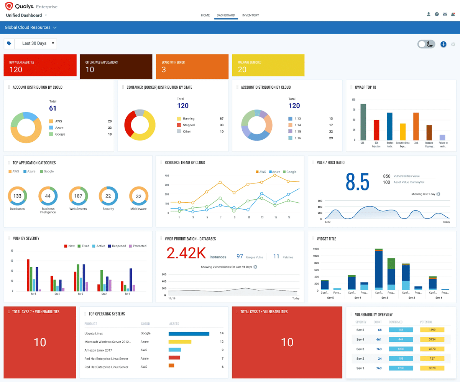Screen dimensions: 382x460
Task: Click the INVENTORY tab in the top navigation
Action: pos(250,15)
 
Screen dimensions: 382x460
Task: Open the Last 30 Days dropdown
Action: pos(35,43)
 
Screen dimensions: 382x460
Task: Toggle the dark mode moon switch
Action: pos(426,44)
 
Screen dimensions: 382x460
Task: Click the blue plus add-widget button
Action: pos(443,44)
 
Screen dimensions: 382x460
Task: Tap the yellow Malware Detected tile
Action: pos(268,66)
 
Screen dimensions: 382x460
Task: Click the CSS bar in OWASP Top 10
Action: pos(363,122)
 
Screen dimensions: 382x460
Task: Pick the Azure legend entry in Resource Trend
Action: pos(275,172)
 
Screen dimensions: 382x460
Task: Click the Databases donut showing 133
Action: pos(17,196)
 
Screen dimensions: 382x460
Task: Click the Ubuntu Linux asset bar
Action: pos(189,334)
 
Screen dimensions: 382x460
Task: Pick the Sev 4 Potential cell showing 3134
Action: pos(432,339)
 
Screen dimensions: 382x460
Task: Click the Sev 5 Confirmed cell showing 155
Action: pos(401,330)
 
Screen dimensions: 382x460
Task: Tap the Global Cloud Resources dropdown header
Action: pos(31,28)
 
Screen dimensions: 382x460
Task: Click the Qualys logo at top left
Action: pos(9,7)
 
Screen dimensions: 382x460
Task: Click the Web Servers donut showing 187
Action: pos(78,196)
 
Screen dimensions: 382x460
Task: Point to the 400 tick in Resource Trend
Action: pos(167,175)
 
